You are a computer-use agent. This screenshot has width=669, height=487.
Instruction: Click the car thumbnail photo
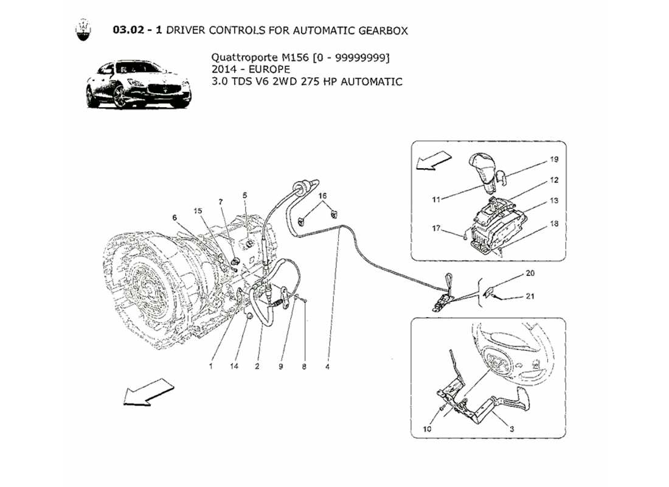tap(137, 84)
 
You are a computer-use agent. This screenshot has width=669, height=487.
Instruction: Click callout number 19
tap(554, 159)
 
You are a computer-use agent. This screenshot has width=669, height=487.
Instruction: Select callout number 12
tap(554, 180)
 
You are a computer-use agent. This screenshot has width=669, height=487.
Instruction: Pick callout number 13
tap(554, 201)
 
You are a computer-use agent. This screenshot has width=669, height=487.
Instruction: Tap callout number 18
tap(554, 224)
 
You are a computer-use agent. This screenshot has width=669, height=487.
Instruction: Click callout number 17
tap(435, 229)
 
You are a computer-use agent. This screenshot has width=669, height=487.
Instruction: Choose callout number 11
tap(435, 198)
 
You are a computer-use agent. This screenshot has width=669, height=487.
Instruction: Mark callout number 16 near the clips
tap(322, 196)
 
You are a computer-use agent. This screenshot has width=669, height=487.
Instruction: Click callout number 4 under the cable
tap(328, 367)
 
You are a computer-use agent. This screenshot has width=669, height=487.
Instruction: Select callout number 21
tap(530, 296)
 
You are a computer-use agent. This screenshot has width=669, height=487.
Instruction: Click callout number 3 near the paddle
tap(511, 429)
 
